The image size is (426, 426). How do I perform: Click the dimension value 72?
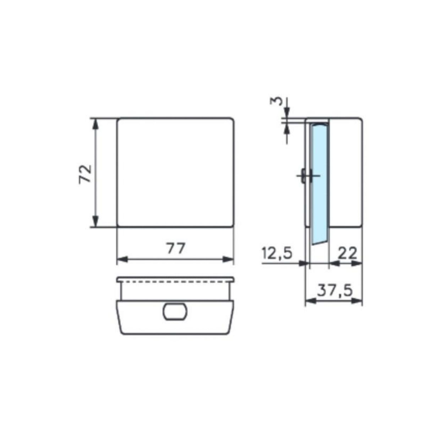point(86,173)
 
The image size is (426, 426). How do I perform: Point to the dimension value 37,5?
point(335,291)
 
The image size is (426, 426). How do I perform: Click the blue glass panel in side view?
point(319,181)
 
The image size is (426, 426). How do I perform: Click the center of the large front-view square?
point(176,172)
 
